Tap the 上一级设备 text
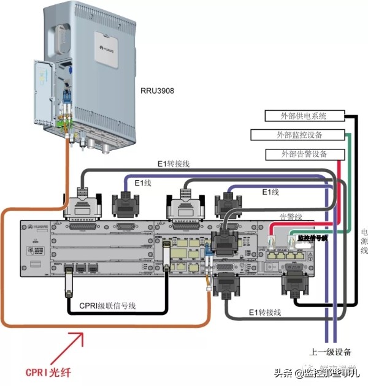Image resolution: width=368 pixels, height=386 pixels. pyautogui.click(x=331, y=352)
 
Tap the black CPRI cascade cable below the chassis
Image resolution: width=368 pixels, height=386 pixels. pyautogui.click(x=117, y=313)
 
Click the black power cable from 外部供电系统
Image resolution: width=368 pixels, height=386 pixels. pyautogui.click(x=358, y=184)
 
